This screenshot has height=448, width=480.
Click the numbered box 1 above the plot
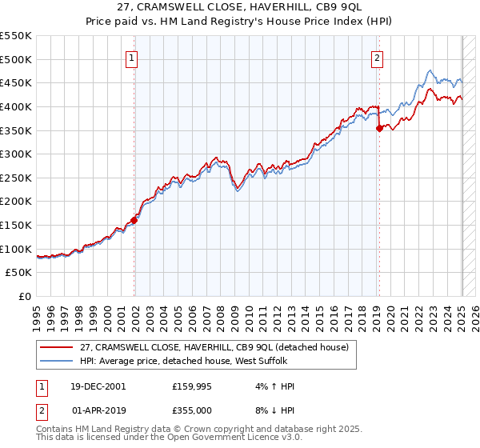[x=130, y=58]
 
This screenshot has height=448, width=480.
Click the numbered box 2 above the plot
[x=376, y=58]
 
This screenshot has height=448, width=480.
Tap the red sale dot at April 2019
[x=379, y=128]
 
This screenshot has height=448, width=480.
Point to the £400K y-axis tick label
[x=16, y=106]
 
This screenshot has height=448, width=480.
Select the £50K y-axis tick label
[x=19, y=273]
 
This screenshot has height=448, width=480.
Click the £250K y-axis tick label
[x=16, y=178]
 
